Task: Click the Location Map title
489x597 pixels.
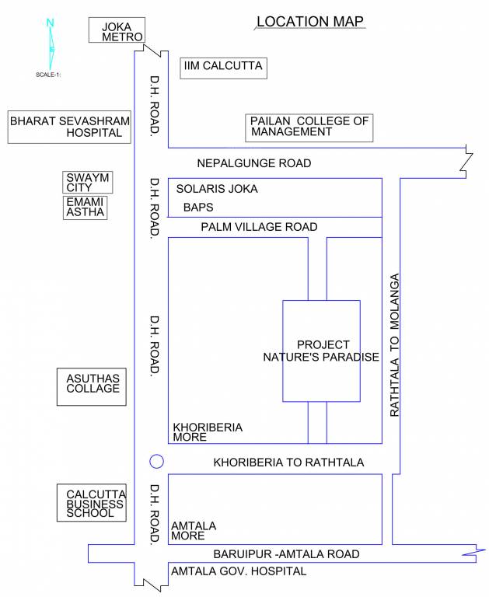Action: click(309, 22)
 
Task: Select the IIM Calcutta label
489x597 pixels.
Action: click(222, 68)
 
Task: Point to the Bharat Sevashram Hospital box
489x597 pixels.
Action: click(66, 127)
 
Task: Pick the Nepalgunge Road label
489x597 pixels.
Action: click(253, 163)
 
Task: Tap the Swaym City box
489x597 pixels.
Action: click(86, 183)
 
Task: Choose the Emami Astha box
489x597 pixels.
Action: click(85, 207)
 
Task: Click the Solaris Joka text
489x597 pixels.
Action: click(216, 189)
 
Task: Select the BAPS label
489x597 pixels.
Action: click(197, 208)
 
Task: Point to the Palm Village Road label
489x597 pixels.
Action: click(259, 227)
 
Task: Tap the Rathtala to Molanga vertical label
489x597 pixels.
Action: click(394, 344)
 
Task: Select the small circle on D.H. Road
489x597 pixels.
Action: click(156, 462)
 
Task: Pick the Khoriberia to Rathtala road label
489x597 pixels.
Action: click(288, 463)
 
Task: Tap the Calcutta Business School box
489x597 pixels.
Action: click(91, 503)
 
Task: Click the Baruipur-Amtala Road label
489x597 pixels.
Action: click(287, 554)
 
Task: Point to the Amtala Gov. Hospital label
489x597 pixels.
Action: click(238, 571)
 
